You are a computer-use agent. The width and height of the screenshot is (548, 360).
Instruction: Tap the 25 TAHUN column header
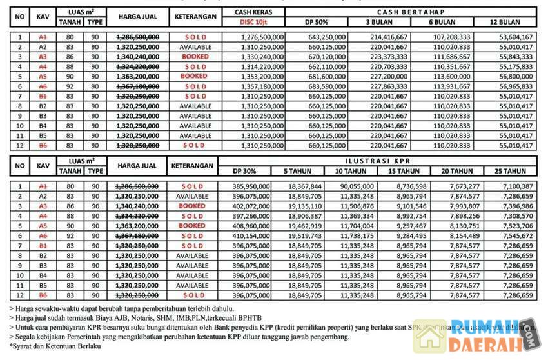(x=509, y=171)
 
